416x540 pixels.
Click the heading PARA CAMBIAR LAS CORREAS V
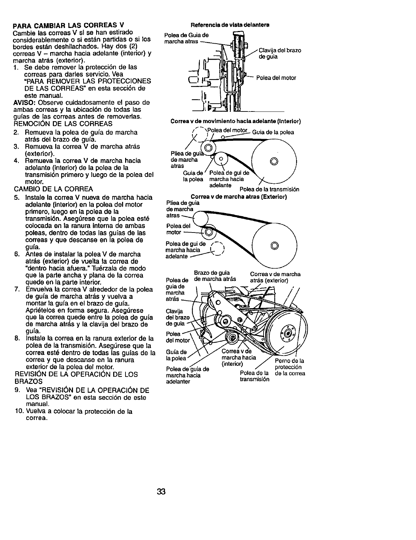[x=68, y=25]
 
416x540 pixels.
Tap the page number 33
[x=161, y=491]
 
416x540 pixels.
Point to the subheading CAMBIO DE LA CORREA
[x=54, y=189]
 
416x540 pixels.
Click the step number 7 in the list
[x=16, y=289]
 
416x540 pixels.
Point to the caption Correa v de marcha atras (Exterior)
[x=239, y=197]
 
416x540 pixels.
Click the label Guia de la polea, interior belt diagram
[x=273, y=132]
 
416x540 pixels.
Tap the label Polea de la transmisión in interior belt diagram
[x=269, y=189]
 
